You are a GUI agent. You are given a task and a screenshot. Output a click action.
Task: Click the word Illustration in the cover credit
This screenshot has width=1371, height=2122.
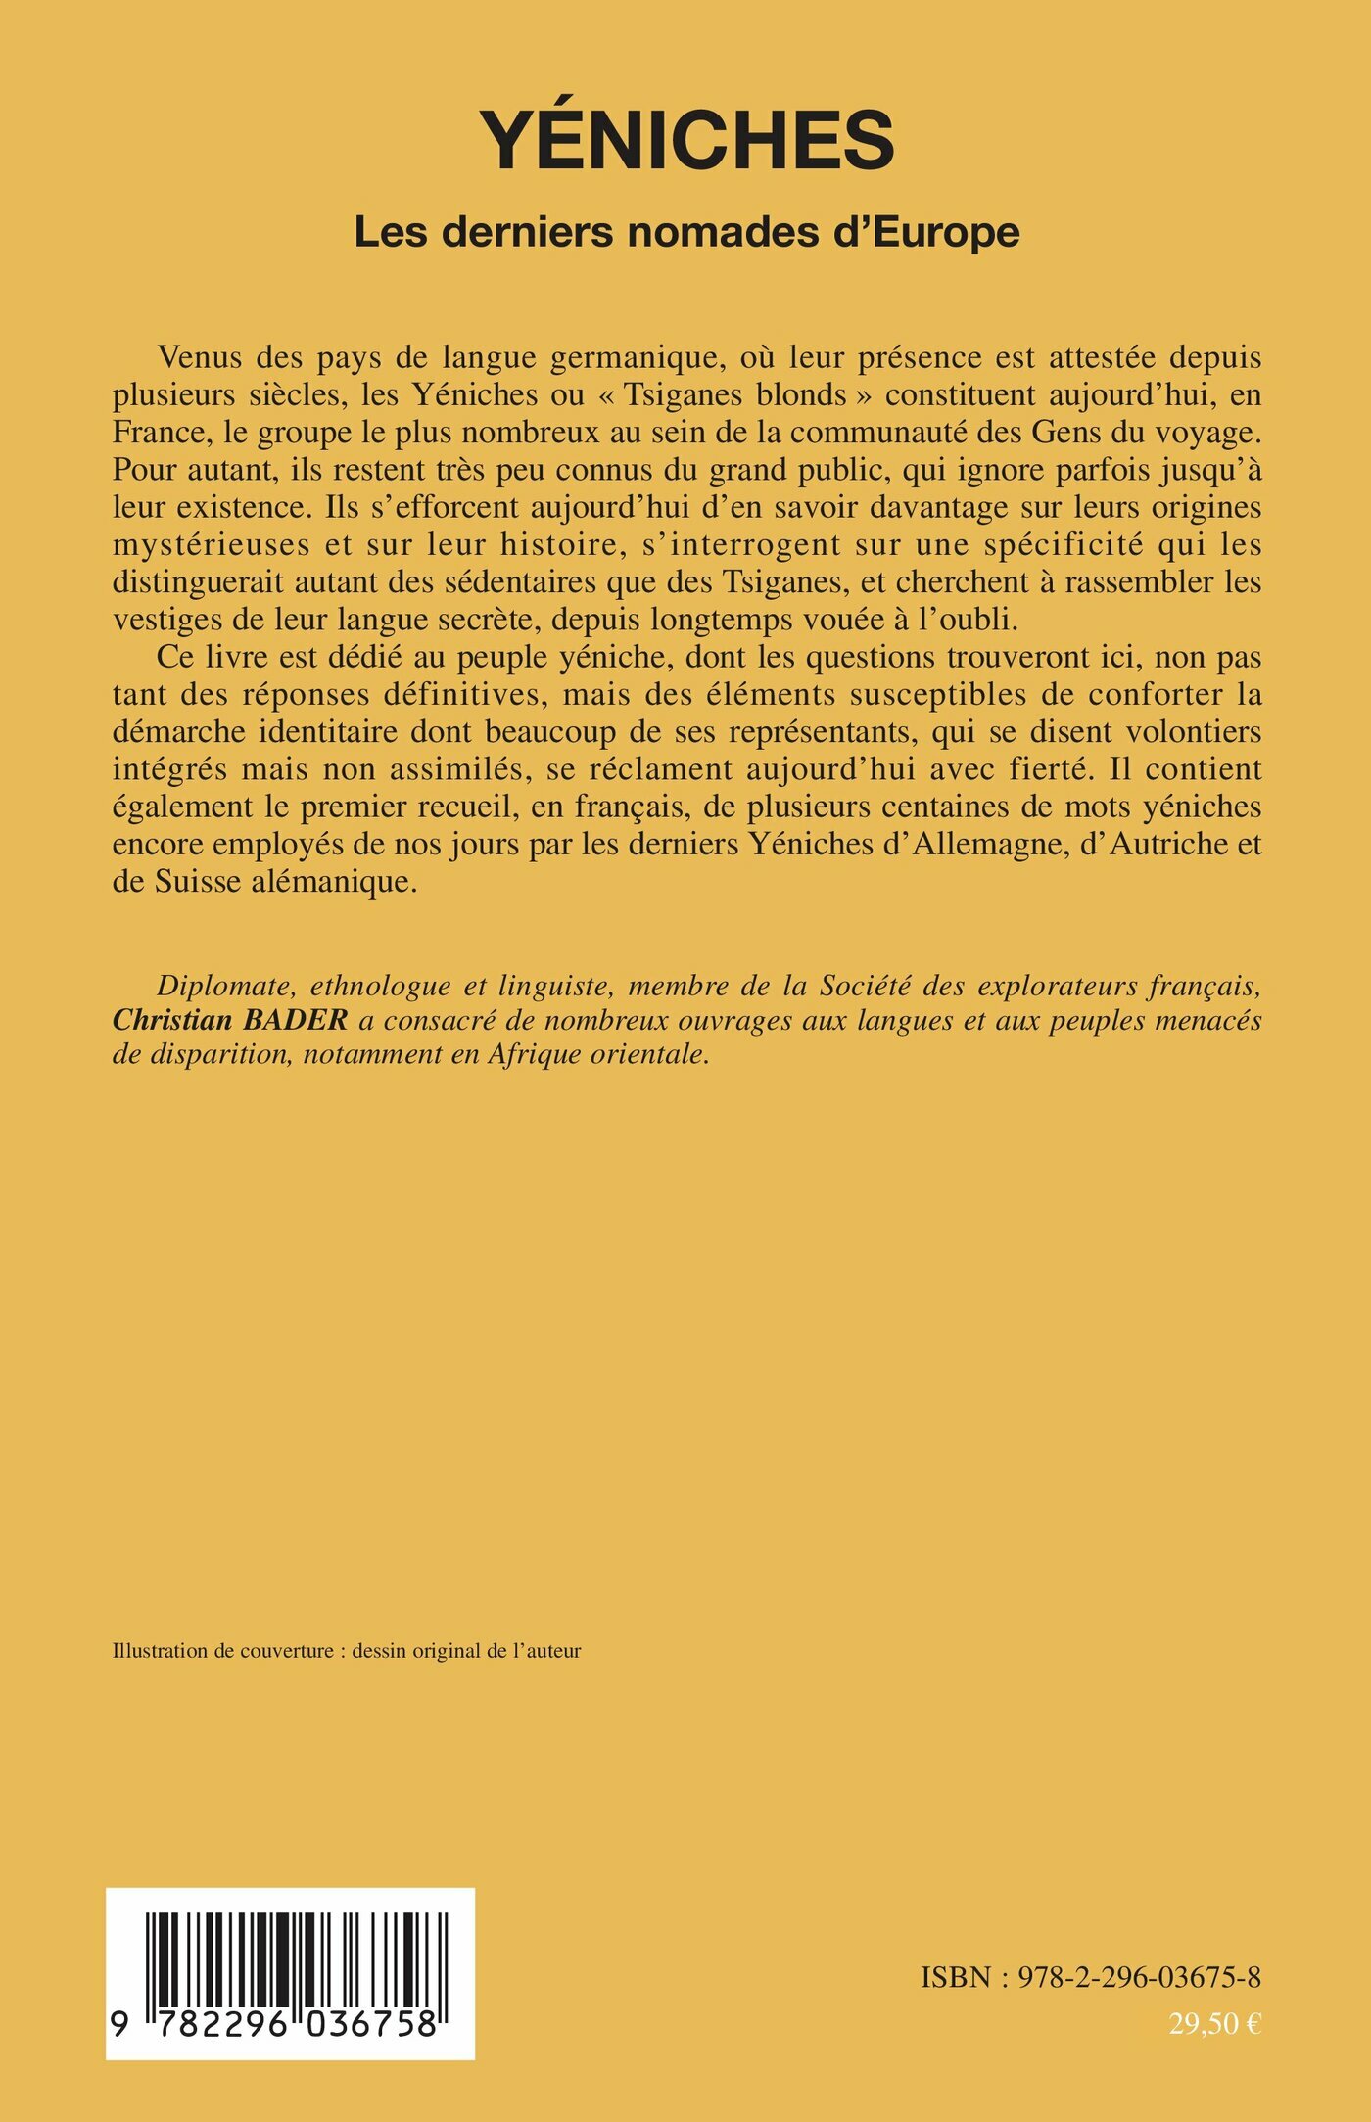coord(160,1651)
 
